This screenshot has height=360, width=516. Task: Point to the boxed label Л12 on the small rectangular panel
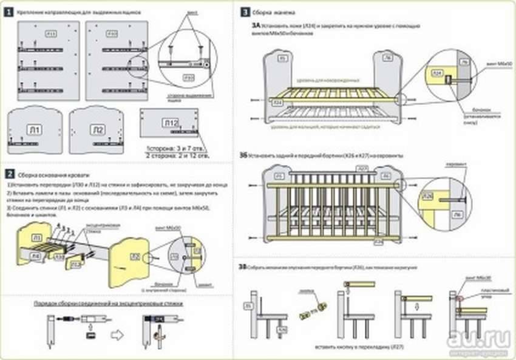(172, 123)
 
